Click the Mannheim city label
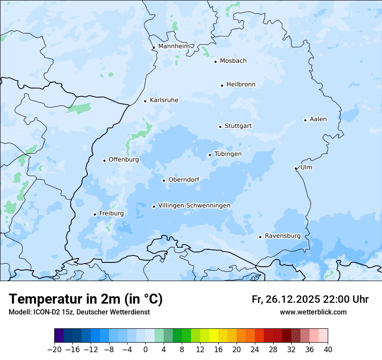pos(174,46)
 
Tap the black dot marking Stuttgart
pos(220,127)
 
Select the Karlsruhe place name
pos(164,100)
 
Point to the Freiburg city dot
pos(95,214)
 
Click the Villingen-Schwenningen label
pos(194,206)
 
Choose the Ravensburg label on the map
pos(282,236)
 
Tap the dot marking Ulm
pos(296,168)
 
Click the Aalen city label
pos(318,119)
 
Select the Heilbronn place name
pos(241,85)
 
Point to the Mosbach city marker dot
pos(215,62)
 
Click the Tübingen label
pos(228,154)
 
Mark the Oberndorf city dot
pos(164,180)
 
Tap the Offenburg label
pos(124,160)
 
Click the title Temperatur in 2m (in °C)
pos(86,299)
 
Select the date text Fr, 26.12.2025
pos(286,299)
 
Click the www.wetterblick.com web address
pos(313,312)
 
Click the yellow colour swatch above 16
pos(214,336)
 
